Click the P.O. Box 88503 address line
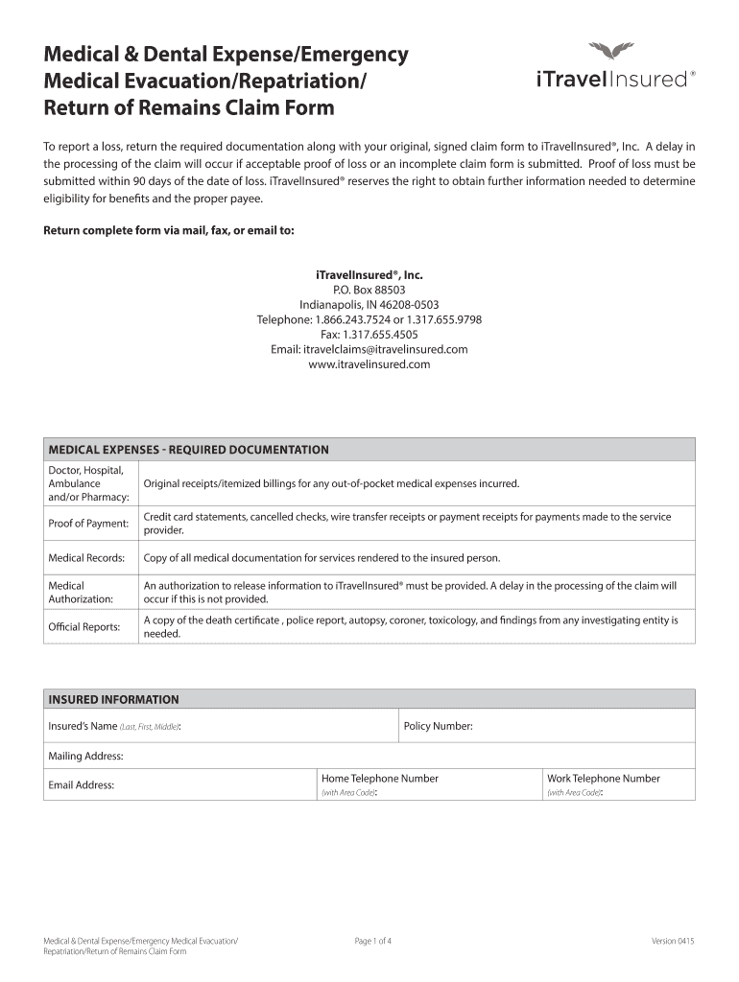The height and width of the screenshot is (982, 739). point(369,290)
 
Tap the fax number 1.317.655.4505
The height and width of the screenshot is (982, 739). point(369,335)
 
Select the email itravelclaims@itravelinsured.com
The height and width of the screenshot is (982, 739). point(369,350)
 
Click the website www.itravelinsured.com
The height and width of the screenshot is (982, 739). point(369,364)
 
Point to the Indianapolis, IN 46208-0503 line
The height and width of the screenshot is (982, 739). point(369,305)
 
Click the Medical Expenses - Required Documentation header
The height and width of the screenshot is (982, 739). point(189,450)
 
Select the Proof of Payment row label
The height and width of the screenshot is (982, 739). point(88,524)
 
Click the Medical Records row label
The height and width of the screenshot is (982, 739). point(86,558)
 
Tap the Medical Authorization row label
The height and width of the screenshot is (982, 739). point(81,592)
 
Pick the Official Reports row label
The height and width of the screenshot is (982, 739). point(84,627)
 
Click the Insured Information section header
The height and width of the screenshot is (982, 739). point(113,700)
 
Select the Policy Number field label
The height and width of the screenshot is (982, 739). point(438,727)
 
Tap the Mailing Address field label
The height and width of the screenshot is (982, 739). point(85,757)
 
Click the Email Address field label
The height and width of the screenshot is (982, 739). point(82,785)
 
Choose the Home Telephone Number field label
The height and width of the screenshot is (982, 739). point(379,779)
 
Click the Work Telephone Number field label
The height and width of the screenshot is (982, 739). point(603,779)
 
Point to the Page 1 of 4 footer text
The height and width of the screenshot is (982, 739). point(373,942)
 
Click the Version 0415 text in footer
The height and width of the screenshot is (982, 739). point(673,942)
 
